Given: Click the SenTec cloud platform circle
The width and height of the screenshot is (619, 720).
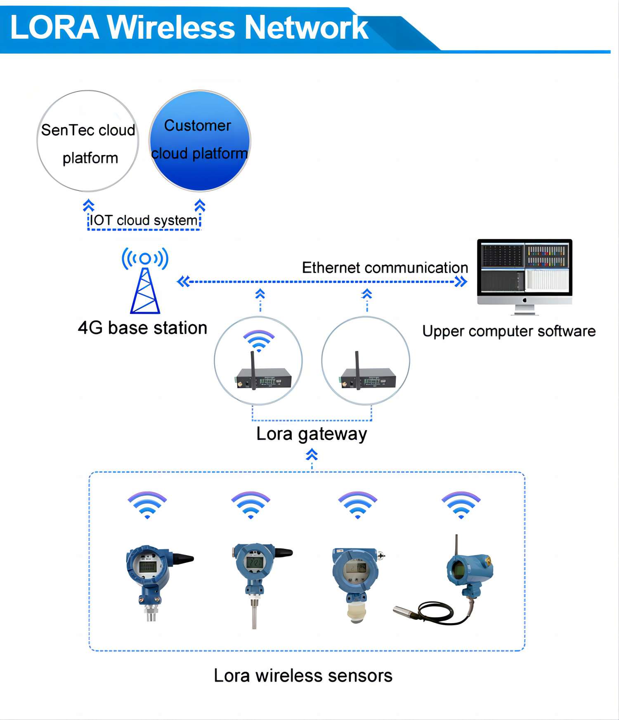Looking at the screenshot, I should [88, 141].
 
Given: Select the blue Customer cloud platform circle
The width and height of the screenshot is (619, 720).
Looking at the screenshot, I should [200, 141].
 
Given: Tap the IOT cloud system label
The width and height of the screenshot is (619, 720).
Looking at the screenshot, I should [144, 220].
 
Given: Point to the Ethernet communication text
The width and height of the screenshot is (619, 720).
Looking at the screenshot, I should [385, 268].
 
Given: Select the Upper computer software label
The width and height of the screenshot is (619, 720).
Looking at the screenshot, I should [509, 331].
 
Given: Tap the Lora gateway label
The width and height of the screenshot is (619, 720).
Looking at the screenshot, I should [312, 434].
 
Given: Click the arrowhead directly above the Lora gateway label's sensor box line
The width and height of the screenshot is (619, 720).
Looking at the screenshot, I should [312, 455].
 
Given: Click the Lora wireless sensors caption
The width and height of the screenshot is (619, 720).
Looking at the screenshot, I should [303, 675].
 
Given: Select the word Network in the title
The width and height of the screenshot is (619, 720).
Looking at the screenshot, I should [307, 27].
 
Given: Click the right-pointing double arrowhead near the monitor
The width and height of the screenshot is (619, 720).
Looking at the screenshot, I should [461, 282].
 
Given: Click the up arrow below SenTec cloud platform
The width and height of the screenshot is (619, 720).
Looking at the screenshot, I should [88, 205].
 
